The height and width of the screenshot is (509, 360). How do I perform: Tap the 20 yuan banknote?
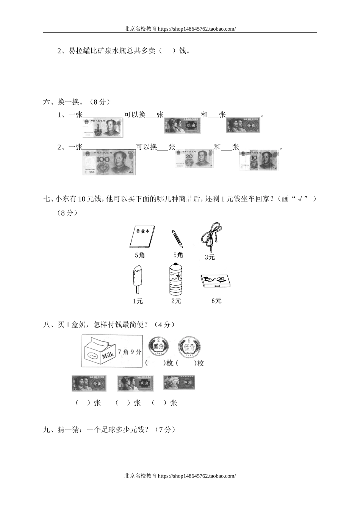[194, 158]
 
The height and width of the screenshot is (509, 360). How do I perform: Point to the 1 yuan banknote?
[103, 127]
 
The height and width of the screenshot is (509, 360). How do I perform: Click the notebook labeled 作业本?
[142, 237]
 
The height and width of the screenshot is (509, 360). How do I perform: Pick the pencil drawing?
[177, 237]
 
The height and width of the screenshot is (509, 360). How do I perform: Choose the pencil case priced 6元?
[215, 281]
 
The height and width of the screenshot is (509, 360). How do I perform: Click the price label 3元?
[210, 258]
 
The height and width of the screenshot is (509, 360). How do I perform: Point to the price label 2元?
[176, 301]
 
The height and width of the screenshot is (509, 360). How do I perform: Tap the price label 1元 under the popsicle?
[138, 301]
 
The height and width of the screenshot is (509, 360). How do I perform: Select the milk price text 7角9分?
[129, 352]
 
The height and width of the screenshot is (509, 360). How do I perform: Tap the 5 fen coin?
[189, 346]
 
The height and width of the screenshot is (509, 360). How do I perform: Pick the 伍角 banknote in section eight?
[179, 383]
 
